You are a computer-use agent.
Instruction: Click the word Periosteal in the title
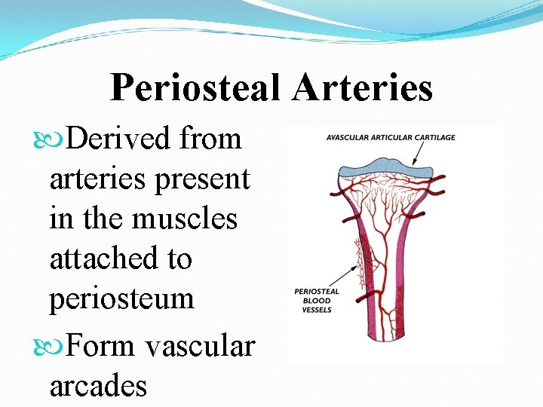pos(195,88)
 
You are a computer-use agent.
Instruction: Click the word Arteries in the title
pos(363,88)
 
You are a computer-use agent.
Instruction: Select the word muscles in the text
pos(185,219)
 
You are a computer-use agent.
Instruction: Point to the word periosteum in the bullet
pos(121,299)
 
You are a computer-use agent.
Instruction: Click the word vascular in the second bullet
pos(201,346)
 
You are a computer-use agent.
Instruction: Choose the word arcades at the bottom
pos(98,386)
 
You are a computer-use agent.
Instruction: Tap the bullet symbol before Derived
pos(57,140)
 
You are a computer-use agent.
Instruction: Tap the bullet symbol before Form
pos(57,347)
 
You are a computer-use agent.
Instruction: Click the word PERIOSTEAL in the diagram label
pos(316,292)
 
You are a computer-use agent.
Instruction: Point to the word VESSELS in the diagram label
pos(316,310)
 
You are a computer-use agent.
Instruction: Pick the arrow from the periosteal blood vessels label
pos(343,276)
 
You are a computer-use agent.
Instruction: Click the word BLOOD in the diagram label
pos(316,301)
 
